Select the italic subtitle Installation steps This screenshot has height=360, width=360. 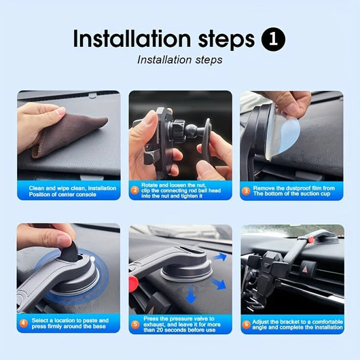[x=179, y=60]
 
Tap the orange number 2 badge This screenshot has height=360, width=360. [x=134, y=191]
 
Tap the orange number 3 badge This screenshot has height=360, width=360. [x=246, y=191]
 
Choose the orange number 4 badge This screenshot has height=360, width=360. [x=23, y=323]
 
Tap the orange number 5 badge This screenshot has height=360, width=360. [x=134, y=323]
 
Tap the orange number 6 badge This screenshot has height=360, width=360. [x=246, y=323]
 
